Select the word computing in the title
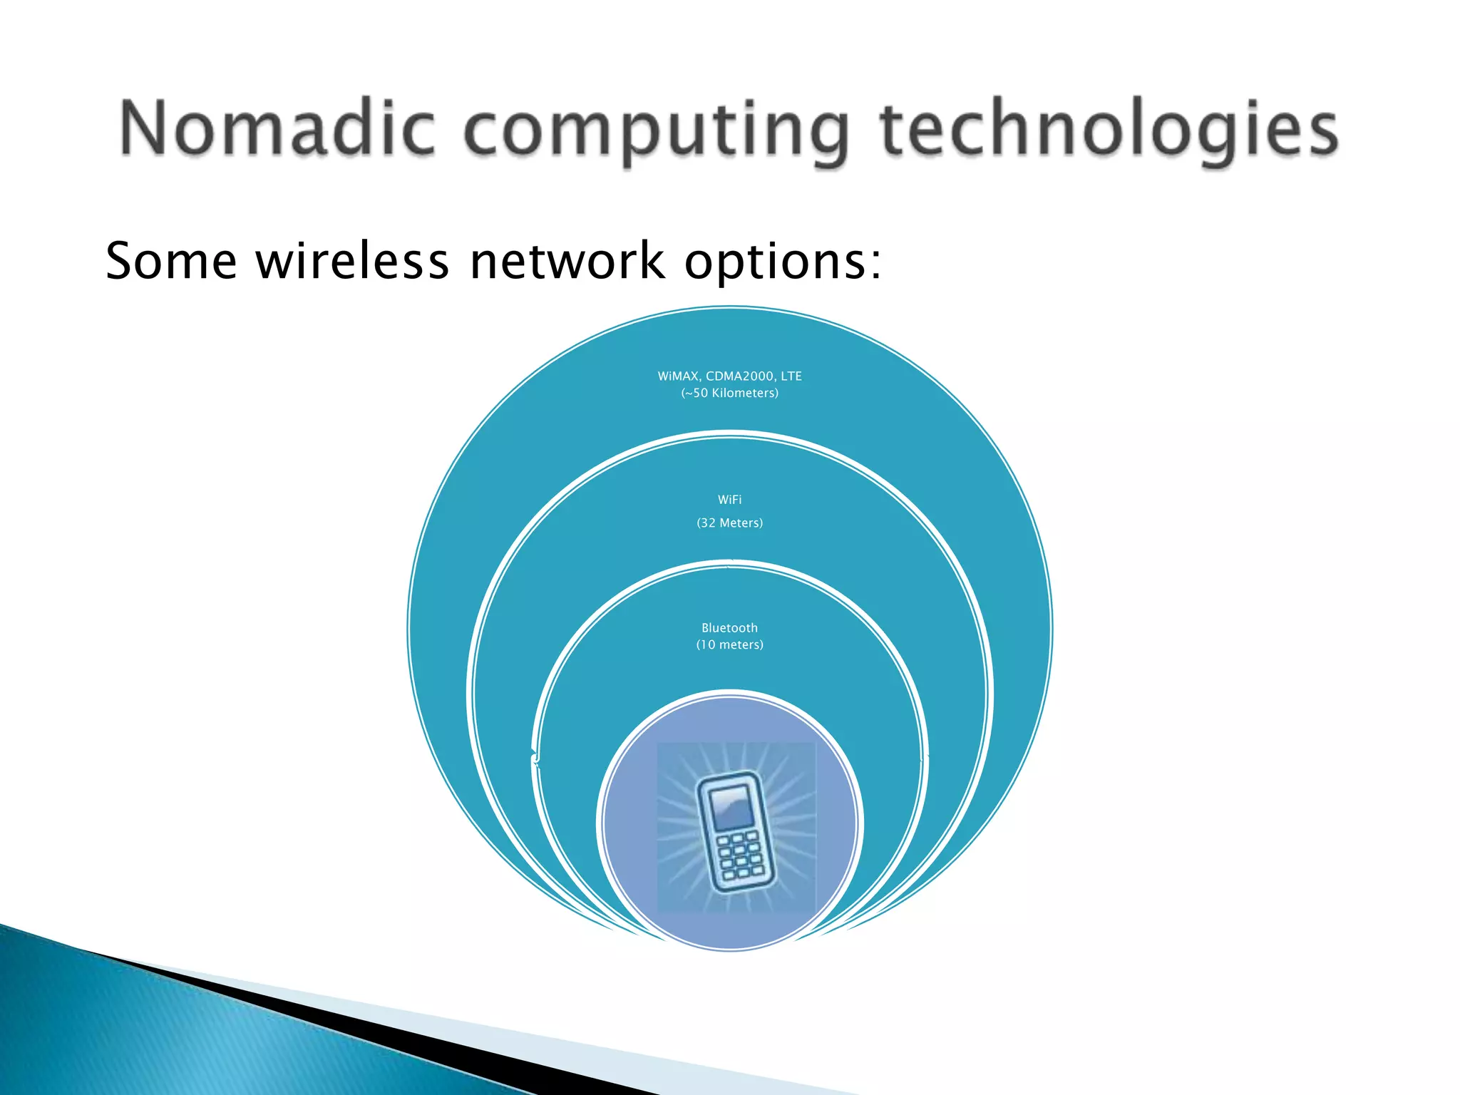click(657, 131)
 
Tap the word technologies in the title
click(1109, 131)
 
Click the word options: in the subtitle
click(783, 262)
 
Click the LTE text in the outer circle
click(791, 376)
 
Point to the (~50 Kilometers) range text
click(730, 393)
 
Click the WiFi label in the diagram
click(730, 500)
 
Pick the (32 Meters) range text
click(730, 523)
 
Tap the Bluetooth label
click(730, 628)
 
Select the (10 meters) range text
click(730, 644)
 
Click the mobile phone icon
click(734, 831)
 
